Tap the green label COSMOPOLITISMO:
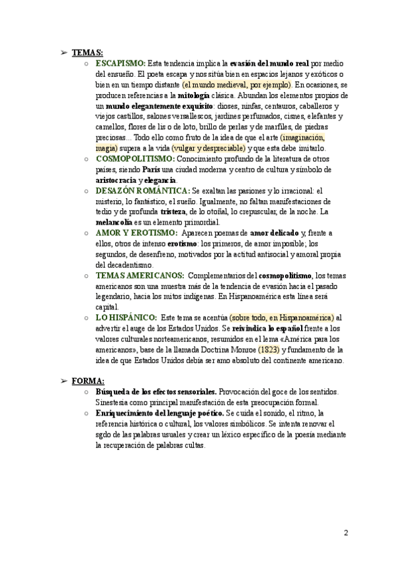(136, 159)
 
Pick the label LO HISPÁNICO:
(126, 317)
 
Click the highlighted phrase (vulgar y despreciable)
(208, 148)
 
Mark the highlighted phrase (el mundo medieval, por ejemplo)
(236, 84)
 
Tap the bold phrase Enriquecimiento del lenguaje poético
(159, 413)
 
